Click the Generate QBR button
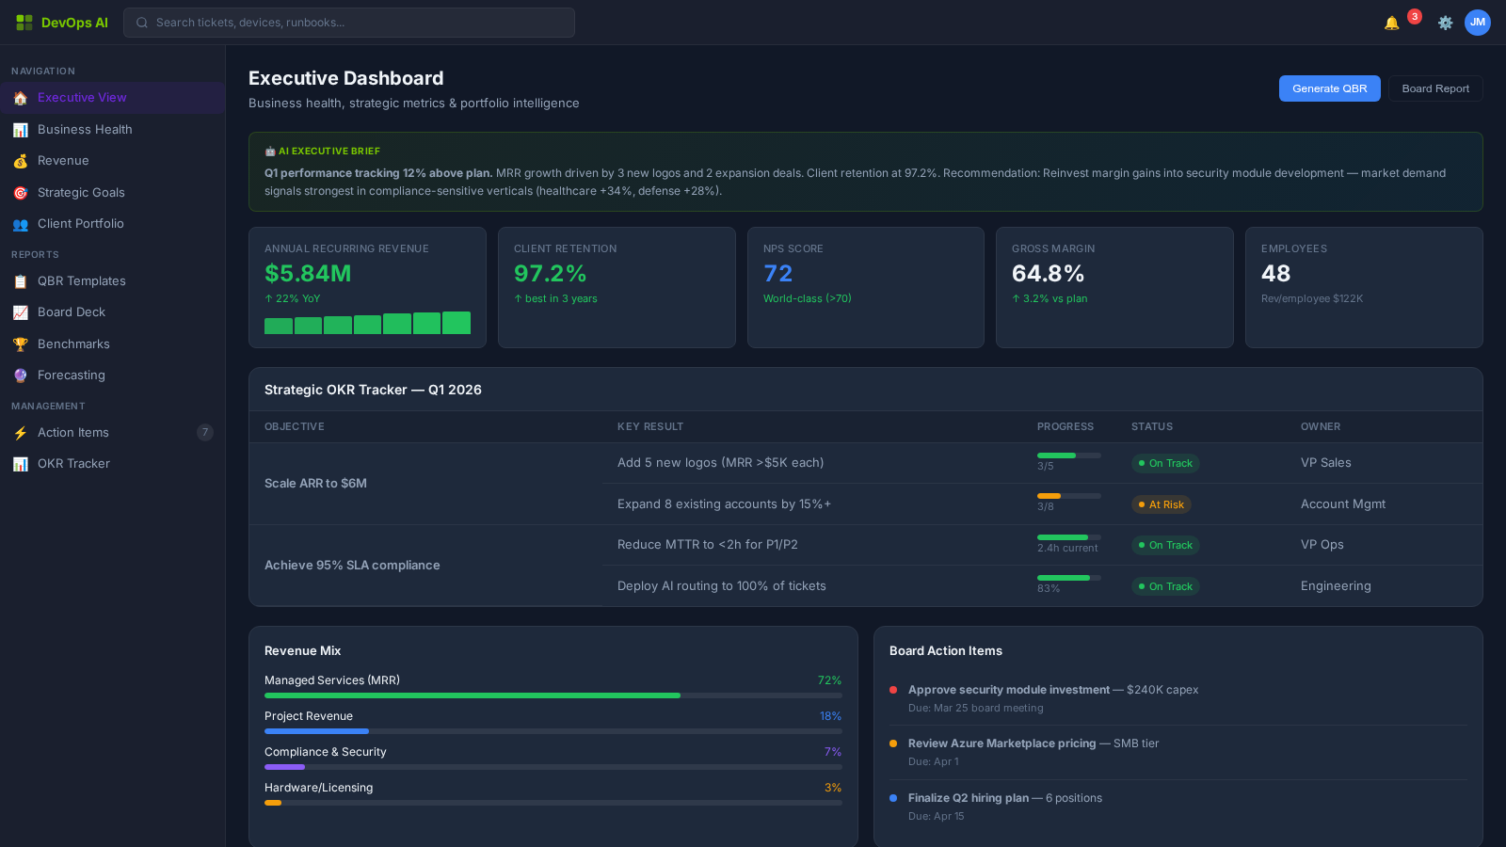coord(1329,88)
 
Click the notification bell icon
coord(1391,23)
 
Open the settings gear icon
coord(1445,23)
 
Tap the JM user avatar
coord(1478,23)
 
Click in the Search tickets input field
coord(358,23)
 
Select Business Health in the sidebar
coord(85,129)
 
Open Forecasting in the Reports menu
coord(72,375)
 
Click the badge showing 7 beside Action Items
coord(205,432)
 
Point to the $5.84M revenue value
coord(308,274)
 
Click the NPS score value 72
coord(778,274)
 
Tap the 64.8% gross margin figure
coord(1048,274)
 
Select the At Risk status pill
coord(1161,504)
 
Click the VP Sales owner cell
coord(1325,463)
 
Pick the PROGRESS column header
coord(1065,426)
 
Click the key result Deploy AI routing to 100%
coord(721,585)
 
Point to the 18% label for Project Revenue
coord(829,716)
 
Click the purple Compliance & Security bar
coord(284,767)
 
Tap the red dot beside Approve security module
coord(893,690)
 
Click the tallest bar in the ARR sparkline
coord(457,323)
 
